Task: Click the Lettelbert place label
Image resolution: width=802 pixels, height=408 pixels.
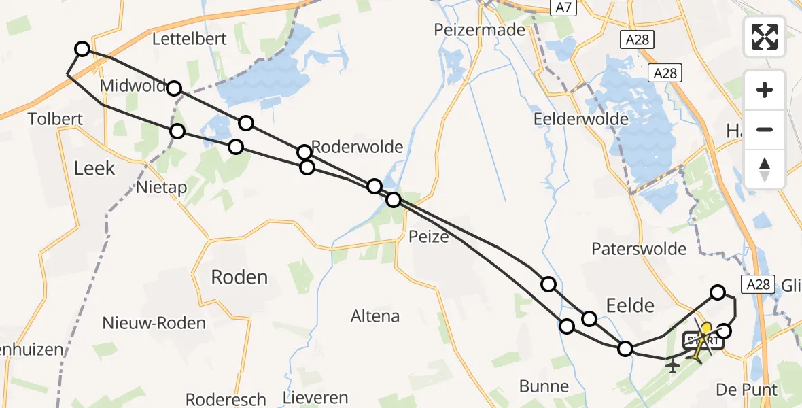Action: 189,39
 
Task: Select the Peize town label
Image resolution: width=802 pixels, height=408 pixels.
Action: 429,237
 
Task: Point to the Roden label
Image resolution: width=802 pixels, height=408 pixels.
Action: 239,277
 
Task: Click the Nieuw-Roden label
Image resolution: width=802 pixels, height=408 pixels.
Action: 154,322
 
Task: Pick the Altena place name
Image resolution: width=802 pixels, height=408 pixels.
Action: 375,316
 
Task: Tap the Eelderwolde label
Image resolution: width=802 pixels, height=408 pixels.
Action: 581,119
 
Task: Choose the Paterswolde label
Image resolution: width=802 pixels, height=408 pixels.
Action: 639,249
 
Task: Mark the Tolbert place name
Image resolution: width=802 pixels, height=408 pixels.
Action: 55,119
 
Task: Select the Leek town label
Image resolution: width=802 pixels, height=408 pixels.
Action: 94,168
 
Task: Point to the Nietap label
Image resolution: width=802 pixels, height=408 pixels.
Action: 162,186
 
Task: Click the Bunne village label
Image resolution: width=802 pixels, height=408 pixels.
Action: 544,386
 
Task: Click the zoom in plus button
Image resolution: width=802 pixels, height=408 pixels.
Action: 765,90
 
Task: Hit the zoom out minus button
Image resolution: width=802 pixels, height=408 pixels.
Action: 765,129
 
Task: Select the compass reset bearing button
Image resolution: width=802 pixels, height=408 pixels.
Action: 765,169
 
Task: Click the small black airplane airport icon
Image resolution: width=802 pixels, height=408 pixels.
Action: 674,366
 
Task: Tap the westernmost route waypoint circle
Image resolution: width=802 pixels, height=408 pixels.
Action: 82,48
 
